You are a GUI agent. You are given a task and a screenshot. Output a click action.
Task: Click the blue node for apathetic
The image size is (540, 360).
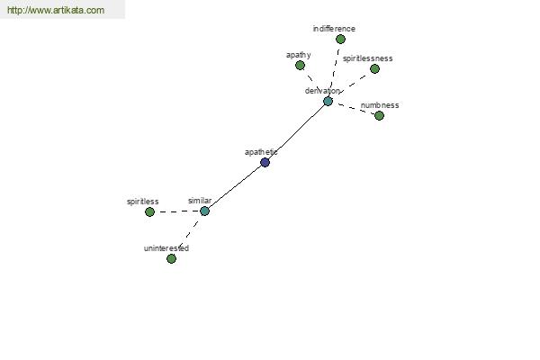265,162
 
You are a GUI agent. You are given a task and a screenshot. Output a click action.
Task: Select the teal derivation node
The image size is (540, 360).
328,102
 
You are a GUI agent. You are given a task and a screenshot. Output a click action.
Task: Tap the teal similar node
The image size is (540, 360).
204,211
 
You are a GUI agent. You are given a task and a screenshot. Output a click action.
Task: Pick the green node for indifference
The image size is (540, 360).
340,40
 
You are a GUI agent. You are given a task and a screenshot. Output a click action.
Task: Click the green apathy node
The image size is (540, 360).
300,65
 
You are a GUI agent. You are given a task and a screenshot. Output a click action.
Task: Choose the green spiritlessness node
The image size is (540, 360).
374,69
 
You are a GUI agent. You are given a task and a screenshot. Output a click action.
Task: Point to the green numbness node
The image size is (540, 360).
379,116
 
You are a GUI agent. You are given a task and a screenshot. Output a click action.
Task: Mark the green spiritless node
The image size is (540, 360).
149,211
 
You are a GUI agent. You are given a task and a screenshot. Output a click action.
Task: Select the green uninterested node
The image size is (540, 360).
171,258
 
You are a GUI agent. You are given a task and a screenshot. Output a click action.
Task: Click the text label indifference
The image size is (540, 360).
334,29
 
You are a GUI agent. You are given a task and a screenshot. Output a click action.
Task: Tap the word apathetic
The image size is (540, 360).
261,152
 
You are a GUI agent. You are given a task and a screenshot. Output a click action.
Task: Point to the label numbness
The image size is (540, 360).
380,105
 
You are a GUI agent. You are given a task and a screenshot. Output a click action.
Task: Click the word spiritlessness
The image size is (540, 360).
368,58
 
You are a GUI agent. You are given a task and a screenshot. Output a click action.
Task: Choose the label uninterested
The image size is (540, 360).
166,248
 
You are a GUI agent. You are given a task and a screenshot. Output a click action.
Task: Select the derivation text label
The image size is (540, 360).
322,91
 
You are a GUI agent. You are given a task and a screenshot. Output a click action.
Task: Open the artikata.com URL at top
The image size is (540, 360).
56,10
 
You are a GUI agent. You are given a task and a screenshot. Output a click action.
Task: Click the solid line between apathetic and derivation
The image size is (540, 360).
296,132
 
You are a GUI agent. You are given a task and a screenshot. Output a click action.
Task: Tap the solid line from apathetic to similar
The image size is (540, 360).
235,186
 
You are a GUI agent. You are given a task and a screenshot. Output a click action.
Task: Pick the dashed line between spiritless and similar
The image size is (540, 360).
177,211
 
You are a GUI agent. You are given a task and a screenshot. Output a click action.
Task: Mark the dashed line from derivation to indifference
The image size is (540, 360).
335,70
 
